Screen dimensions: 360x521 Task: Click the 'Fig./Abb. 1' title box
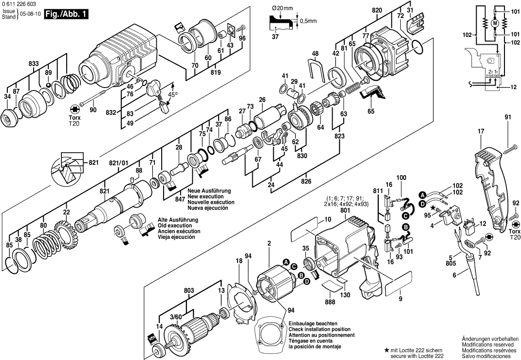click(x=67, y=14)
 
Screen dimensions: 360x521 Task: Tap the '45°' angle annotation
click(x=172, y=94)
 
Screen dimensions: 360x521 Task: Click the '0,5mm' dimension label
click(x=308, y=20)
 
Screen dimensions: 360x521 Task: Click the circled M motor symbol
click(x=495, y=23)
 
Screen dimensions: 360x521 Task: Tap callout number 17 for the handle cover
click(x=481, y=131)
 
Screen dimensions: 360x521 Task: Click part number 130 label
click(x=344, y=295)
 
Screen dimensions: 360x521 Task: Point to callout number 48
click(x=315, y=53)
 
